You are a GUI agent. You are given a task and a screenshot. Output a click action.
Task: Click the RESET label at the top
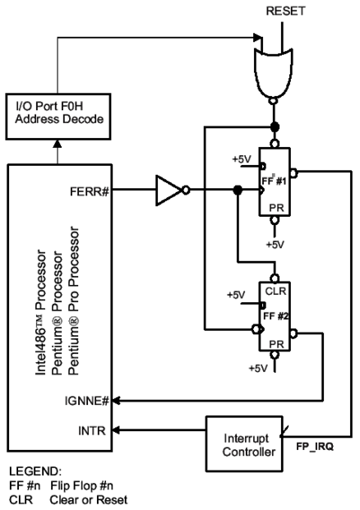(285, 11)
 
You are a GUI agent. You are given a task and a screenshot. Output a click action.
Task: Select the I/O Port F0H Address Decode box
(58, 117)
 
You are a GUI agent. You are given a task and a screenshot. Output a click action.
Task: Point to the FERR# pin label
(90, 191)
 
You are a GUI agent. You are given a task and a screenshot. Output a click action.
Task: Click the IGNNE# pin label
(86, 401)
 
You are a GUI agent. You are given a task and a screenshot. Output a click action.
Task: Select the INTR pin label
(92, 431)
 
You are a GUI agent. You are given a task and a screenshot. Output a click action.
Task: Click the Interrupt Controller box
(244, 443)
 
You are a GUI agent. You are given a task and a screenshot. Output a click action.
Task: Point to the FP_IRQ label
(315, 447)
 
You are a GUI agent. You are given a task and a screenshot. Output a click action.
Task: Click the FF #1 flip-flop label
(274, 181)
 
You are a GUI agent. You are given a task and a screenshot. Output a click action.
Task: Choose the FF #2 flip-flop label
(275, 316)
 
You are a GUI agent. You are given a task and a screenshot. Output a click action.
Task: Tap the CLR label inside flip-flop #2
(275, 291)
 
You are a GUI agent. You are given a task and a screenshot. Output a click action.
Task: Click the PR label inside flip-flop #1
(276, 208)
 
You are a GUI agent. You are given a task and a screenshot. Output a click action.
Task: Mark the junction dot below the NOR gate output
(275, 126)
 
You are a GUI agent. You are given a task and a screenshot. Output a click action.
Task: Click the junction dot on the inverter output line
(238, 190)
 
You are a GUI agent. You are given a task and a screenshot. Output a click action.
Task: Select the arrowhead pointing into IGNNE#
(116, 401)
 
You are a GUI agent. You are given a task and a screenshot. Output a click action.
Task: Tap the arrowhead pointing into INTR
(116, 430)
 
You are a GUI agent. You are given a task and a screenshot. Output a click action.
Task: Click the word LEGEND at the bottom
(35, 471)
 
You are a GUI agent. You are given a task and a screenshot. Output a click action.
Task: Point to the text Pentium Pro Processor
(74, 301)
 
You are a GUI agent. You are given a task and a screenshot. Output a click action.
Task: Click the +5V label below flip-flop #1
(275, 245)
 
